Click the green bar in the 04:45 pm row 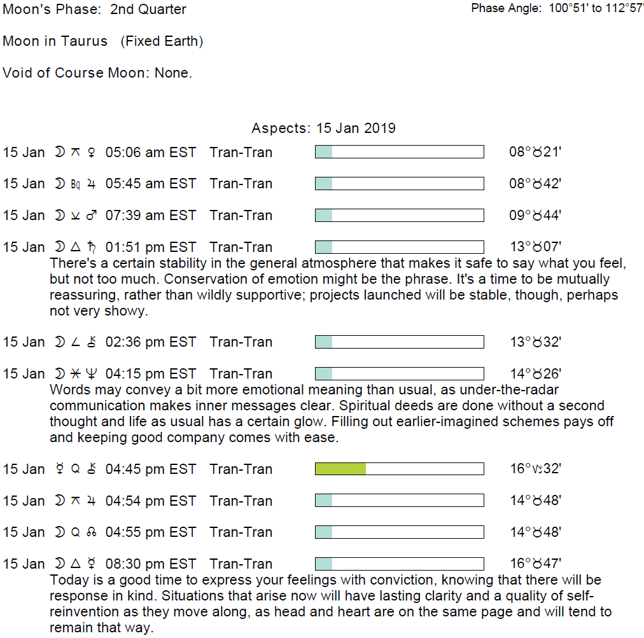pos(340,469)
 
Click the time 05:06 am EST pos(151,152)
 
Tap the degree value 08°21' pos(535,152)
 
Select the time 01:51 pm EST pos(151,247)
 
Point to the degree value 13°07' pos(535,247)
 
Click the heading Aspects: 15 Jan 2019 pos(323,128)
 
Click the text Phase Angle pos(507,9)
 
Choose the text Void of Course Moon pos(76,73)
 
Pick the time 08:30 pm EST pos(151,564)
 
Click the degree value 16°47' pos(535,564)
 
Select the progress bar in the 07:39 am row pos(399,215)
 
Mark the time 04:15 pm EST pos(151,373)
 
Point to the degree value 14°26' pos(535,373)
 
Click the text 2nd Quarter pos(148,10)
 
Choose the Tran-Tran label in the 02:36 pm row pos(241,342)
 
